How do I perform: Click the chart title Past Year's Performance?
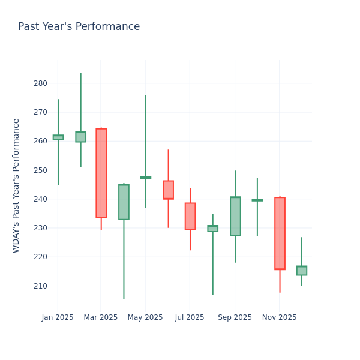pos(79,27)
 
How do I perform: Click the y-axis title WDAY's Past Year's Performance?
pos(16,185)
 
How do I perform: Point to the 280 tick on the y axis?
pos(40,83)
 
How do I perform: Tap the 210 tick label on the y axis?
pos(40,286)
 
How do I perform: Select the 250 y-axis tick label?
pos(40,170)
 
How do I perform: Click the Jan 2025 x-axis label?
pos(58,317)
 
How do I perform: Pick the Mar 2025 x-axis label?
pos(101,317)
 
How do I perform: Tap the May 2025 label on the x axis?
pos(145,317)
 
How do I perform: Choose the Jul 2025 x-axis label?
pos(190,317)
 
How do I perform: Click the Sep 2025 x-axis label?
pos(235,317)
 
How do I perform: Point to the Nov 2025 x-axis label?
pos(279,317)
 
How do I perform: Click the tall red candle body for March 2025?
pos(101,173)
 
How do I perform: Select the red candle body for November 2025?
pos(280,233)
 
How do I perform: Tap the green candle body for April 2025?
pos(124,202)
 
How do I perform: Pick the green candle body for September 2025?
pos(235,216)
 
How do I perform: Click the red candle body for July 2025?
pos(190,216)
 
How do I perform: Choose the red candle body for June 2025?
pos(168,190)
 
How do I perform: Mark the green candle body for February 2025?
pos(80,137)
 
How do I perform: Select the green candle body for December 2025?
pos(302,271)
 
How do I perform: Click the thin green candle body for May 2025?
pos(145,178)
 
